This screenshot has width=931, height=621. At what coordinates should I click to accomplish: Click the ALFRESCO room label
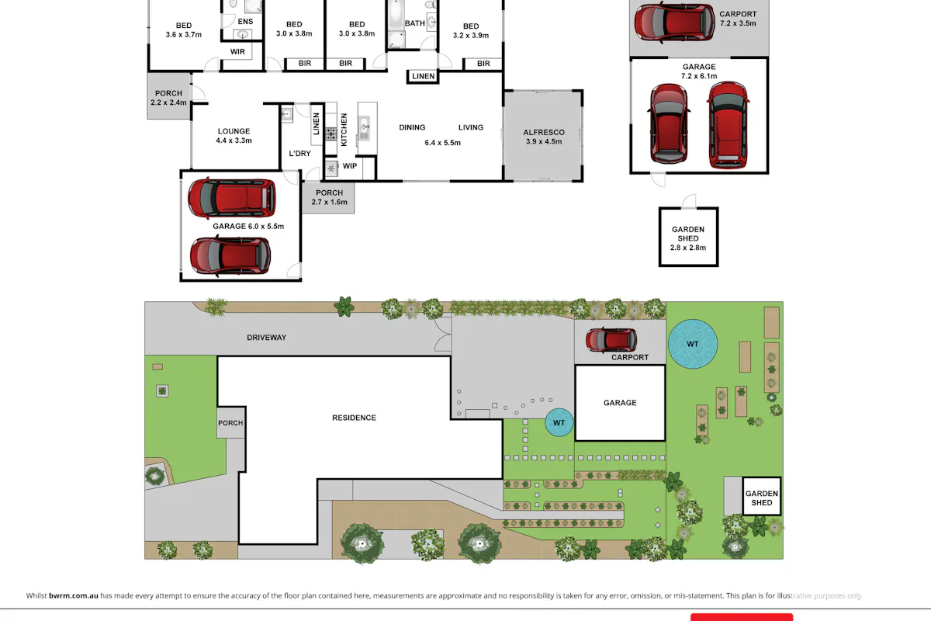pyautogui.click(x=544, y=132)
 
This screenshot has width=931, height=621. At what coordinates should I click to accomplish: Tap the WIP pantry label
pyautogui.click(x=350, y=166)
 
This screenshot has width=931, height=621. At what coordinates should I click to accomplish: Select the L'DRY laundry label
pyautogui.click(x=299, y=154)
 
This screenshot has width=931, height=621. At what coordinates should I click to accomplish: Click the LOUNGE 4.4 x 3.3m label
pyautogui.click(x=234, y=136)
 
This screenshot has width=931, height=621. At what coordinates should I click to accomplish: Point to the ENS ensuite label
pyautogui.click(x=245, y=22)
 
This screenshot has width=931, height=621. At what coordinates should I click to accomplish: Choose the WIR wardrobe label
pyautogui.click(x=237, y=51)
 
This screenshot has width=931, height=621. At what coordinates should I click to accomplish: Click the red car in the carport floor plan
pyautogui.click(x=674, y=23)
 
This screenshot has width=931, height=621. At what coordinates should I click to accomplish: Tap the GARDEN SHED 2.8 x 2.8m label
pyautogui.click(x=688, y=238)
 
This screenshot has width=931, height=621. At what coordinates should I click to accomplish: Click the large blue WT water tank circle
pyautogui.click(x=692, y=344)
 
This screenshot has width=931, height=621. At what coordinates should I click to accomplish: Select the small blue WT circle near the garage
pyautogui.click(x=559, y=422)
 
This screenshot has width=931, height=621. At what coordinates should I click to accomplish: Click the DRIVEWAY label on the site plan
pyautogui.click(x=266, y=338)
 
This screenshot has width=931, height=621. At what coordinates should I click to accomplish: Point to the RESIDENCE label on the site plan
pyautogui.click(x=354, y=418)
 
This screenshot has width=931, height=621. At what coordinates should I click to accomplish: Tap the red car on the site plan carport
pyautogui.click(x=611, y=340)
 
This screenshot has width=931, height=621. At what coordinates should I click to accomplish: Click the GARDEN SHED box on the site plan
pyautogui.click(x=761, y=496)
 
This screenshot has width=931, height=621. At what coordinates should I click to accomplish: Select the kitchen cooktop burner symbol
pyautogui.click(x=331, y=134)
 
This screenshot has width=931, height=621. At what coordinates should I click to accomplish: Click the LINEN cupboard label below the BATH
pyautogui.click(x=423, y=76)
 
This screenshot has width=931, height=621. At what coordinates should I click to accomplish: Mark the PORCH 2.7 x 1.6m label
pyautogui.click(x=329, y=197)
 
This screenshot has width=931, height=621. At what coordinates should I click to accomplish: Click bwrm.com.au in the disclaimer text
pyautogui.click(x=74, y=595)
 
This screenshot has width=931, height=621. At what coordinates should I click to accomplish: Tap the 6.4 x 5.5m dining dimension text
pyautogui.click(x=442, y=143)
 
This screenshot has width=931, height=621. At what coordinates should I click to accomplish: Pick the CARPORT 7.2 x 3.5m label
pyautogui.click(x=738, y=19)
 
